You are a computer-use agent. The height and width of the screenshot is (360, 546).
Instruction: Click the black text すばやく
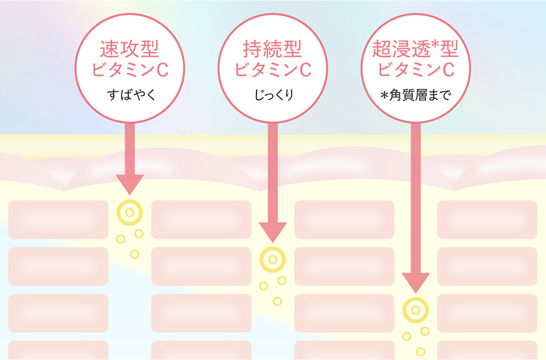[129, 95]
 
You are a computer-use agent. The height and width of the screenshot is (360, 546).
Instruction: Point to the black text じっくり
[272, 95]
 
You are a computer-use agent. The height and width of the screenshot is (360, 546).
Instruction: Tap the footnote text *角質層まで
[415, 95]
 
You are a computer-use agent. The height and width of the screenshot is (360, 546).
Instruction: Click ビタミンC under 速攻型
[129, 70]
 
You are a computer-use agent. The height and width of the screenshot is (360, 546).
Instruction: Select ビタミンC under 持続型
[272, 70]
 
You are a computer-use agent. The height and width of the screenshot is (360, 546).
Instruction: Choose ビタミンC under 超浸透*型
[415, 70]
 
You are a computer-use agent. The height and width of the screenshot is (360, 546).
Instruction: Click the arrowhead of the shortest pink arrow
[130, 184]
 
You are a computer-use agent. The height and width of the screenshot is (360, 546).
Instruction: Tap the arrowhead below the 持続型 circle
[272, 231]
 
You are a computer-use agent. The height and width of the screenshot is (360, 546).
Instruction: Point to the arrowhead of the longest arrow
[415, 282]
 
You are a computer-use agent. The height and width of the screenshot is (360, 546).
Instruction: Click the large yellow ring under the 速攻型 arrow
[130, 212]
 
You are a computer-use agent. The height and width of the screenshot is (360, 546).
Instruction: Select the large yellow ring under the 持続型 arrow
[272, 259]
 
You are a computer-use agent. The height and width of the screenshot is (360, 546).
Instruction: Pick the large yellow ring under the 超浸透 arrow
[415, 309]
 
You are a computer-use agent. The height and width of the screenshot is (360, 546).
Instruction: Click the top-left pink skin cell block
[58, 219]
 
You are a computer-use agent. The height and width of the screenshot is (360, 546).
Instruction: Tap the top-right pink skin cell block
[487, 219]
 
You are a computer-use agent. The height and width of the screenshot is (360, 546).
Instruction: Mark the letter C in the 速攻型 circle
[162, 70]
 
